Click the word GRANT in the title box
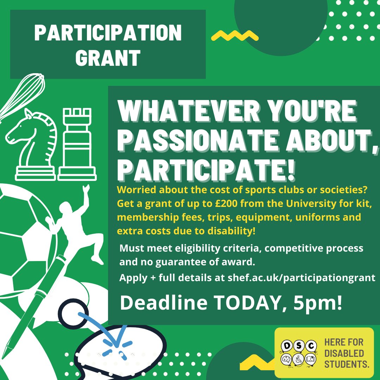point(108,58)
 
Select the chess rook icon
point(76,144)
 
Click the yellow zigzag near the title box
point(234,35)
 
